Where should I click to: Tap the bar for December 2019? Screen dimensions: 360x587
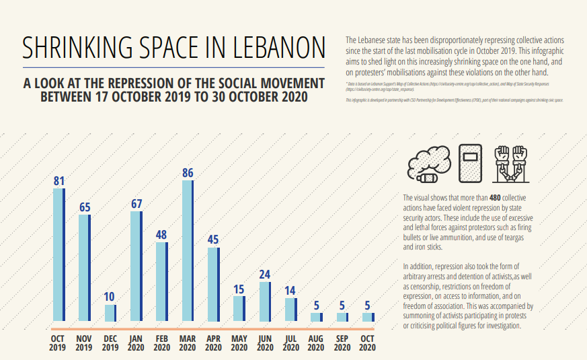click(x=110, y=312)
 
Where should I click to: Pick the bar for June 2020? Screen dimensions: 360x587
click(x=265, y=301)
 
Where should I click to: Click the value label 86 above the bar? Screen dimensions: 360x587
click(x=188, y=174)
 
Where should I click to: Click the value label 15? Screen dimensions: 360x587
click(x=239, y=289)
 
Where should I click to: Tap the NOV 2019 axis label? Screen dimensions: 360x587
click(x=85, y=343)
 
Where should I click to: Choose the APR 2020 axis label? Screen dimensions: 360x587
click(x=213, y=343)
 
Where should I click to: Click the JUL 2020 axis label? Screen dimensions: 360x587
click(x=290, y=343)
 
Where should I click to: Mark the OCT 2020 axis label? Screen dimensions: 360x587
click(x=368, y=343)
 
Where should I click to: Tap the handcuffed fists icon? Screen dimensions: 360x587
click(x=512, y=164)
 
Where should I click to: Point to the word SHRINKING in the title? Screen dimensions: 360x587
click(x=73, y=48)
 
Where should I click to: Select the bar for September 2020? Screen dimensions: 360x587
click(x=342, y=316)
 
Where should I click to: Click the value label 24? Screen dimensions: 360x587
click(x=265, y=275)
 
